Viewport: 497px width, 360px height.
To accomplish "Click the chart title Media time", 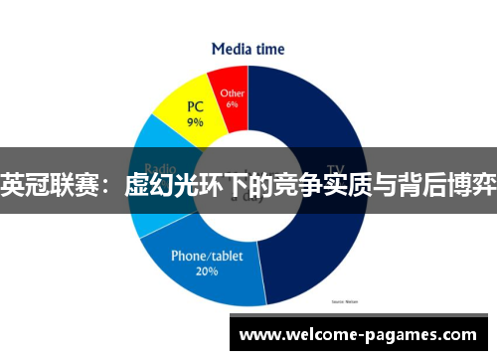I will click(248, 48).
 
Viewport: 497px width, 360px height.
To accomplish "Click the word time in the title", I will click(269, 48).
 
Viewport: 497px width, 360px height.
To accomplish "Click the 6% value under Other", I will click(232, 103).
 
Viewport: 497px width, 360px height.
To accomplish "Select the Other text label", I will click(232, 91).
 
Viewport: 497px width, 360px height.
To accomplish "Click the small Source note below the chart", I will click(344, 299).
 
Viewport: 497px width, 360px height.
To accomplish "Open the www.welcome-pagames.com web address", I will click(359, 335).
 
